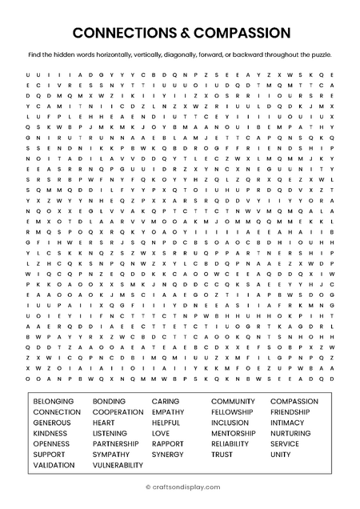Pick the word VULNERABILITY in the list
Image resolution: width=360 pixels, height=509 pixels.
[118, 465]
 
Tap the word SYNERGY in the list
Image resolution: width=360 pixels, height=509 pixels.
[167, 454]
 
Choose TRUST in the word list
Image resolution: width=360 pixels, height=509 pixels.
[222, 454]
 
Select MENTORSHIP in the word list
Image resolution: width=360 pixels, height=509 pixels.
[234, 433]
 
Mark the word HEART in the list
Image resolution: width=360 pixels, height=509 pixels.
[103, 422]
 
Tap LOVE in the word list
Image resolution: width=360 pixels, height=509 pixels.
[161, 433]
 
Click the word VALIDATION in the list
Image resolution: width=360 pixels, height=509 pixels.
[54, 465]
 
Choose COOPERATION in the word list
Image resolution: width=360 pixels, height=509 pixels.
[118, 411]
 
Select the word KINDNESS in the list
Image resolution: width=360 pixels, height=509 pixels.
[50, 433]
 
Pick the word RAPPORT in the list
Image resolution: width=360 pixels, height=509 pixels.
[167, 443]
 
